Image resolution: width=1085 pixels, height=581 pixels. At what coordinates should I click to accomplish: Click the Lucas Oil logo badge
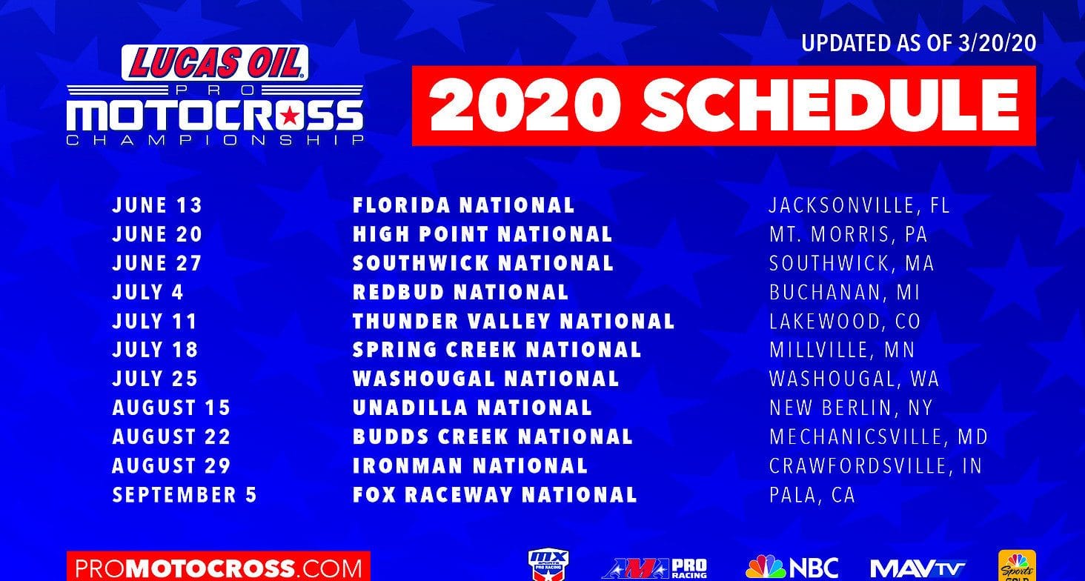[215, 63]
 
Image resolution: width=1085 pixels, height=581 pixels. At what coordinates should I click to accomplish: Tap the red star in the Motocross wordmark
[290, 116]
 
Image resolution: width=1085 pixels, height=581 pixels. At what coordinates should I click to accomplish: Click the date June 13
[157, 205]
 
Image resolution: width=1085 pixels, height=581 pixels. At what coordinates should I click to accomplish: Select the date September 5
[185, 495]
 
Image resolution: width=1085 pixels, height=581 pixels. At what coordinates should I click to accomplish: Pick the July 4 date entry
[147, 293]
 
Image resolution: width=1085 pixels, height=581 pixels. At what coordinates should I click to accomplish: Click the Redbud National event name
[461, 293]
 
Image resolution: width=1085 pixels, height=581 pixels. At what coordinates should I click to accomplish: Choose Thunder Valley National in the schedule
[514, 322]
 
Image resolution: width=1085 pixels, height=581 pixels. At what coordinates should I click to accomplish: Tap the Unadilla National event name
[472, 408]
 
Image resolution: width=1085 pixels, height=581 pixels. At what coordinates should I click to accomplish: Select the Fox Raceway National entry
[494, 495]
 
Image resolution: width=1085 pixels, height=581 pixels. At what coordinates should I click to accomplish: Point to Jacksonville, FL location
[859, 205]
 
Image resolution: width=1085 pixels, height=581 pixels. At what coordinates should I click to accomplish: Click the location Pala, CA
[812, 495]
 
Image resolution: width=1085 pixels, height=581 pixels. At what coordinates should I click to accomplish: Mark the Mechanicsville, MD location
[878, 436]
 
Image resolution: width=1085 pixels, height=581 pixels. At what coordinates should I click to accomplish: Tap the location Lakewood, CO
[845, 322]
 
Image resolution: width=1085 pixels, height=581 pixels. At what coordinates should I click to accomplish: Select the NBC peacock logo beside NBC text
[765, 568]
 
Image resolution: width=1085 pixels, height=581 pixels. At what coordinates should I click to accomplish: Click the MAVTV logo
[918, 568]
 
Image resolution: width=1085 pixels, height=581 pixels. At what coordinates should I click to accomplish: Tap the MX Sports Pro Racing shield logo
[548, 565]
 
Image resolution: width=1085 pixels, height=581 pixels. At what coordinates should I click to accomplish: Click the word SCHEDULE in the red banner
[832, 105]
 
